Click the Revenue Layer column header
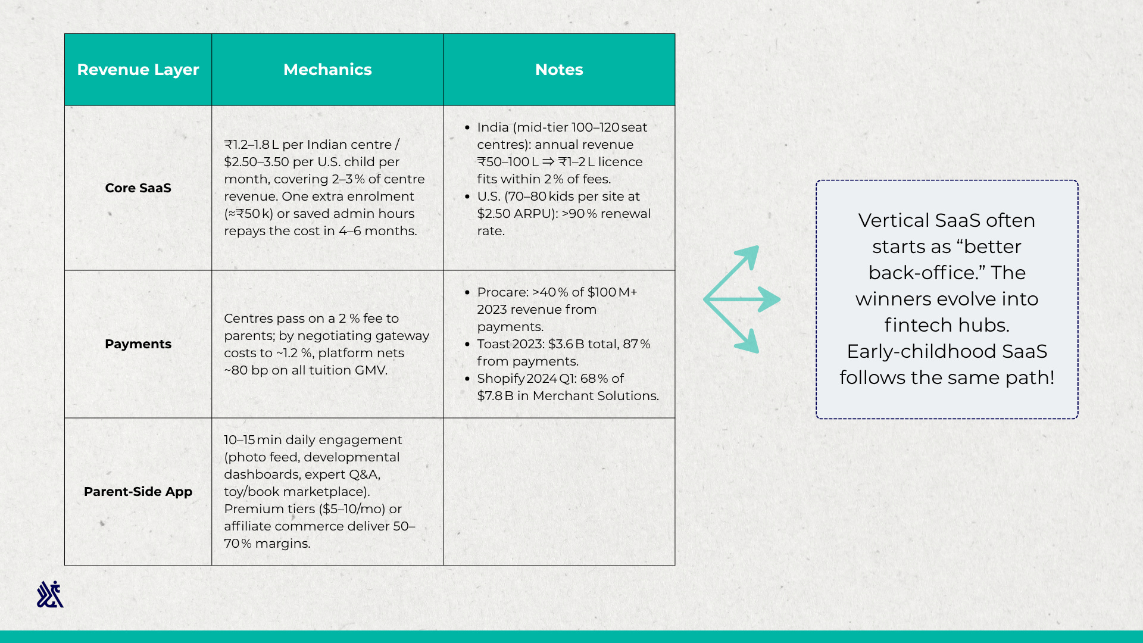[x=138, y=70]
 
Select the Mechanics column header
[x=327, y=70]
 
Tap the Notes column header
[x=559, y=70]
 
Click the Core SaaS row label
[x=138, y=188]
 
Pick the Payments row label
[x=138, y=344]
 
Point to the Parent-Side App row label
[x=138, y=492]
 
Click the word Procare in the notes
[x=502, y=292]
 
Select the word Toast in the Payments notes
[x=494, y=344]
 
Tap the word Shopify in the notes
[x=501, y=379]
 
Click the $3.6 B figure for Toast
[x=566, y=344]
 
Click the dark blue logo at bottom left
[x=50, y=594]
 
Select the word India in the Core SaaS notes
[x=492, y=127]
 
